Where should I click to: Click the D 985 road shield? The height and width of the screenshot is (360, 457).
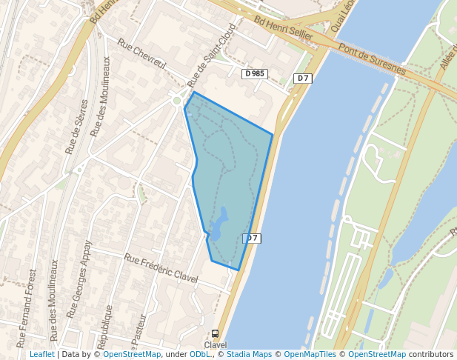point(254,73)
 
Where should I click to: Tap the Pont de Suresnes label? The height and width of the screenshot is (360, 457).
point(372,60)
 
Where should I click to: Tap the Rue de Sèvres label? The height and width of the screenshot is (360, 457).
point(77,127)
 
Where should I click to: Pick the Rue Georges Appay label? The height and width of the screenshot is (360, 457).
point(79,279)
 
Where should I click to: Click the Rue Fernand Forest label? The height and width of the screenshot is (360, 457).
point(27,307)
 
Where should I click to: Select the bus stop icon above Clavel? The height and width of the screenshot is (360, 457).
point(216,334)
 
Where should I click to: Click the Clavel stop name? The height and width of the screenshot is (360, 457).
point(216,345)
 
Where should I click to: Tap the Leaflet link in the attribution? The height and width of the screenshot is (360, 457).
point(42,355)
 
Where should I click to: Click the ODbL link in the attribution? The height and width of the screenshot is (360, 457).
point(200,355)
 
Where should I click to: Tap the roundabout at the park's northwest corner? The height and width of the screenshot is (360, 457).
point(177,99)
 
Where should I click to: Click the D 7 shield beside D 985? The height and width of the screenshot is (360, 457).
point(302,79)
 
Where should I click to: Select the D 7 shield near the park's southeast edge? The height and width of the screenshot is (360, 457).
point(252,239)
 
